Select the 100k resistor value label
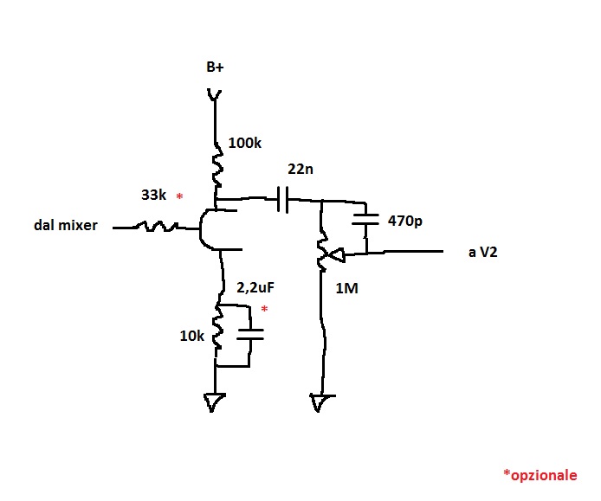245,144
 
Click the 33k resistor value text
154,196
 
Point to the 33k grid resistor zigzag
159,228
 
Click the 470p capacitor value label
405,222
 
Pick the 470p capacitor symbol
368,222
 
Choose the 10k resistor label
191,336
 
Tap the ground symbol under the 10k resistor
214,401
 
